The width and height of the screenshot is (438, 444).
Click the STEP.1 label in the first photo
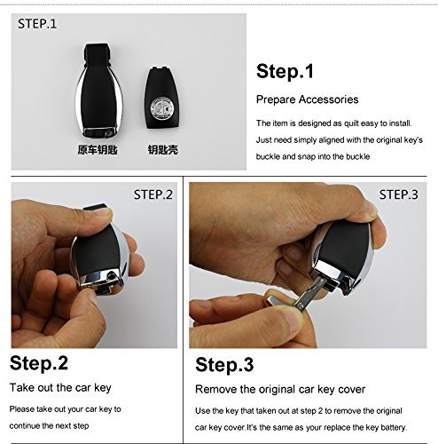tap(37, 24)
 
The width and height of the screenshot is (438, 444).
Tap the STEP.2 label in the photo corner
tap(153, 194)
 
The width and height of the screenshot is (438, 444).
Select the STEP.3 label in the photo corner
tap(399, 194)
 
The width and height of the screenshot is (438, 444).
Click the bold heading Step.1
tap(285, 71)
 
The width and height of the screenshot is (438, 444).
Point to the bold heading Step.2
tap(39, 363)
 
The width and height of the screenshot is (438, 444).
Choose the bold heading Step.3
tap(224, 364)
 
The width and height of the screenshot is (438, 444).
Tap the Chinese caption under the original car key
tap(98, 149)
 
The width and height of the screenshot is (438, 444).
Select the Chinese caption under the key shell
tap(163, 149)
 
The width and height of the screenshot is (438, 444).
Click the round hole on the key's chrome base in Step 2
tap(112, 276)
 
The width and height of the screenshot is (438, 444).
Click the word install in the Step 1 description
tap(400, 123)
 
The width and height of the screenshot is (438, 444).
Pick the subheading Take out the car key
tap(60, 387)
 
